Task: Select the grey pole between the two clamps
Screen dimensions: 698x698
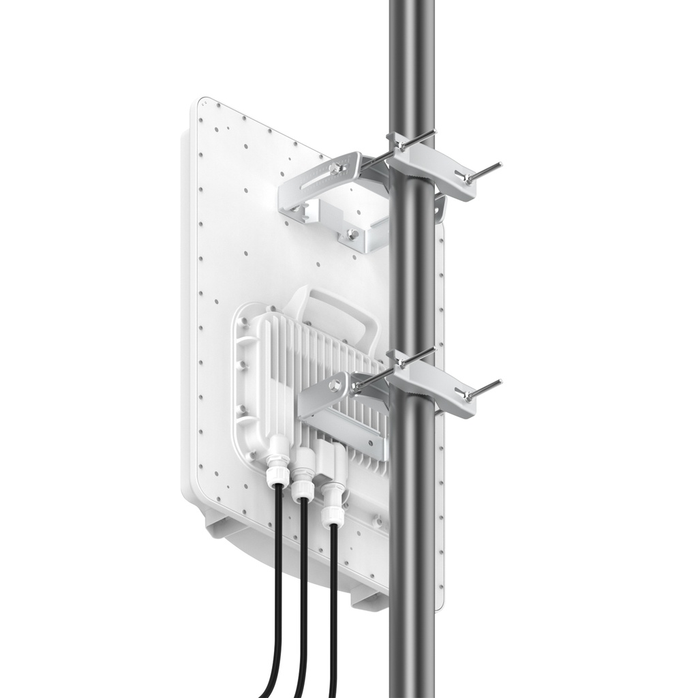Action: pos(412,286)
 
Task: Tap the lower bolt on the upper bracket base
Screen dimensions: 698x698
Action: pos(352,234)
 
